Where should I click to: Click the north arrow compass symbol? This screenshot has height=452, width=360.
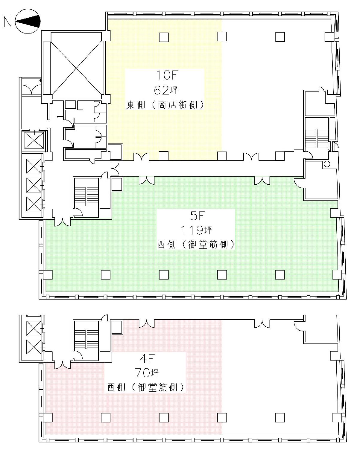28,21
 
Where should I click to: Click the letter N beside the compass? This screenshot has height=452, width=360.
7,22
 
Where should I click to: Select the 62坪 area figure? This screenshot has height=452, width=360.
165,90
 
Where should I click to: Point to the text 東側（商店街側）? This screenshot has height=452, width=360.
165,105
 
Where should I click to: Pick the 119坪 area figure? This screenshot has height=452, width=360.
196,230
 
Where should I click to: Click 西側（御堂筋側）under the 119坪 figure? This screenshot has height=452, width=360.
196,245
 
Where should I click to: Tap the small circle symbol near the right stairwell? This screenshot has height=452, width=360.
327,164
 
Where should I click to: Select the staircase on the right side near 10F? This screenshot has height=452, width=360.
317,138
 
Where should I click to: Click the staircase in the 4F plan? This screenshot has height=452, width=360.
86,340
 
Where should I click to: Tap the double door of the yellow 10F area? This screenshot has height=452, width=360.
141,156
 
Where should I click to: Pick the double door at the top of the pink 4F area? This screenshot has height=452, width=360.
147,324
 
